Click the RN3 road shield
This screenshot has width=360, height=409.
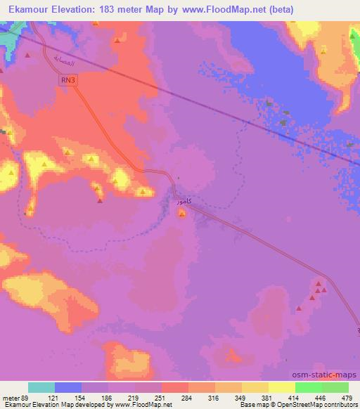pyautogui.click(x=66, y=82)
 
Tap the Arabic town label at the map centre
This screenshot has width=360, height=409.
pyautogui.click(x=182, y=202)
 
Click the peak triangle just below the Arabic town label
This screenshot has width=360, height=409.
pyautogui.click(x=182, y=214)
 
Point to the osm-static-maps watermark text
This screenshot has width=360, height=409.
pyautogui.click(x=326, y=375)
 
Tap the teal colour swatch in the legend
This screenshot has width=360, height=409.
pyautogui.click(x=41, y=387)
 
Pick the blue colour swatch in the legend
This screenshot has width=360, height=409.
pyautogui.click(x=67, y=387)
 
